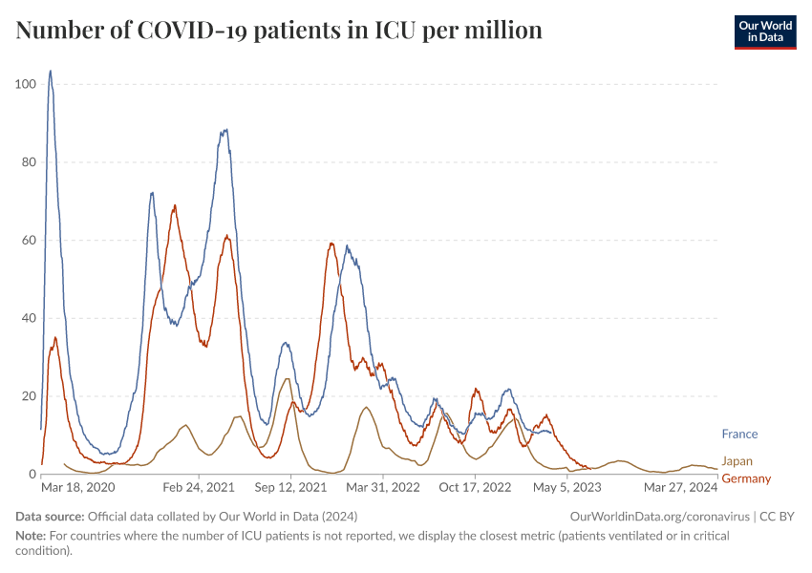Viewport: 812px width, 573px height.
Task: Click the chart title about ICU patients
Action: coord(279,31)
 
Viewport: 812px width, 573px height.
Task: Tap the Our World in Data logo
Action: coord(764,31)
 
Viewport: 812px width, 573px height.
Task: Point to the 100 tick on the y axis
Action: coord(26,84)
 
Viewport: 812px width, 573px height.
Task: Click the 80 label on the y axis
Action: coord(29,162)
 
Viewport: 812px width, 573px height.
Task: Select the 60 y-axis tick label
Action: coord(29,240)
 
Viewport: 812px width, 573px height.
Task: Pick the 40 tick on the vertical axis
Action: coord(29,318)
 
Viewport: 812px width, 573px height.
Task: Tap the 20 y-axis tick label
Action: coord(29,396)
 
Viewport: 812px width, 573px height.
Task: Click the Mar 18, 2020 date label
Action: coord(77,487)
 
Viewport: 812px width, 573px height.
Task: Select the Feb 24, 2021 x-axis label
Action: coord(200,487)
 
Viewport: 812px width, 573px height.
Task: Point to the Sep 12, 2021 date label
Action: coord(291,487)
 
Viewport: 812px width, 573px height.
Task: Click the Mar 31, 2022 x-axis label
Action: coord(382,487)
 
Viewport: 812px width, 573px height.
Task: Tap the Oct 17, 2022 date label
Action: coord(475,487)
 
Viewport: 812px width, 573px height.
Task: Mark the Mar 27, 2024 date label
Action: coord(681,487)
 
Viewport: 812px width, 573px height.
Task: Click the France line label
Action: coord(739,435)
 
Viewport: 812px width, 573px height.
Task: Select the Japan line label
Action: coord(737,461)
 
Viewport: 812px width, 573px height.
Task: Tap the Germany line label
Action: coord(746,477)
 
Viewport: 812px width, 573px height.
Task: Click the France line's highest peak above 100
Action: coord(50,71)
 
